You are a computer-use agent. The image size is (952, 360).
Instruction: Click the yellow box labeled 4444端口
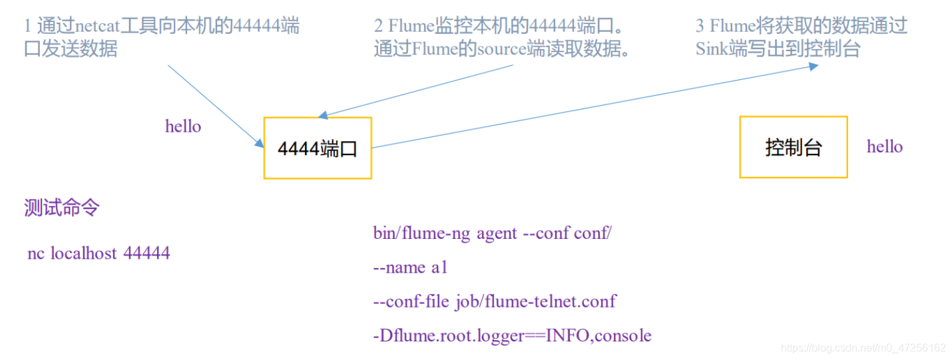tap(318, 148)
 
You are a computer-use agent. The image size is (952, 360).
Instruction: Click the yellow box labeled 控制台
tap(793, 147)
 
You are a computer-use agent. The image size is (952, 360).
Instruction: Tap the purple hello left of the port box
tap(183, 126)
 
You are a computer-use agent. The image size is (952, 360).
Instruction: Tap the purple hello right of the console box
tap(885, 147)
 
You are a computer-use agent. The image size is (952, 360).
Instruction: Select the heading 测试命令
tap(61, 208)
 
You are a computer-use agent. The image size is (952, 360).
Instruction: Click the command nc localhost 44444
tap(99, 253)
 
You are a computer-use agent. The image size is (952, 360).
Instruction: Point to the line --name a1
tap(411, 268)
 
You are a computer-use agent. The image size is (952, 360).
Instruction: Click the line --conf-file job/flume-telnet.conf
tap(495, 301)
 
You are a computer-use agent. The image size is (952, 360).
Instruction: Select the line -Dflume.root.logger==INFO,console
tap(512, 335)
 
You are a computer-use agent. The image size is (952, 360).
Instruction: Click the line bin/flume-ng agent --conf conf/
tap(492, 234)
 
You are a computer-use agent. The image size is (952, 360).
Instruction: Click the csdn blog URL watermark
tap(863, 348)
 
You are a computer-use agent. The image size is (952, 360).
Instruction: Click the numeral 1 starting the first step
tap(27, 27)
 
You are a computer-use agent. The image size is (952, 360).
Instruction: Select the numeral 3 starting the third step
tap(700, 27)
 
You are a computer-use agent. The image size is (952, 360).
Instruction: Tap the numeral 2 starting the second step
tap(378, 27)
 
